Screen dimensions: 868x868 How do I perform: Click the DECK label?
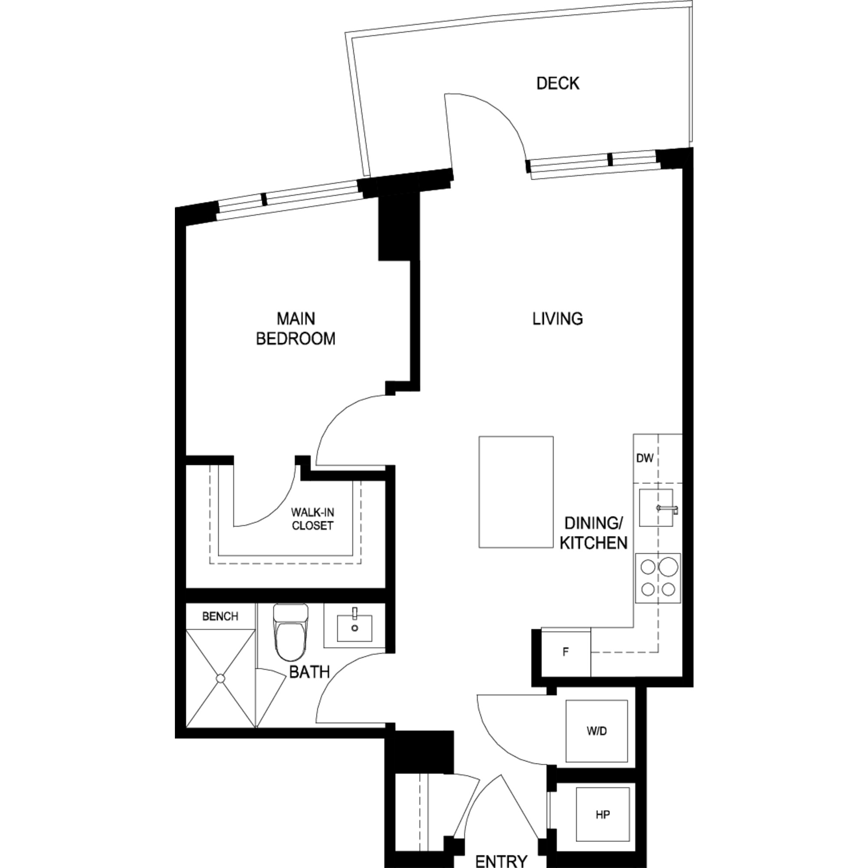coord(558,84)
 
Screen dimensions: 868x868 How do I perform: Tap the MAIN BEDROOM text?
coord(296,329)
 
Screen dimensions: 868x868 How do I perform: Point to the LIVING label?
coord(558,319)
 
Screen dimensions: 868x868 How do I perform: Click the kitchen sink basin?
coord(656,508)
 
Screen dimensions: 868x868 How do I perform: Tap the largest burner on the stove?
coord(668,566)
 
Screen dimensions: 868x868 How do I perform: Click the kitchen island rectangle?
coord(516,492)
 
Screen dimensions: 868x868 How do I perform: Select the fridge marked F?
coord(566,652)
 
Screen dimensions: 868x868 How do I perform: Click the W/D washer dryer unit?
coord(597,731)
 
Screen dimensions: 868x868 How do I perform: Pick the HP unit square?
coord(602,815)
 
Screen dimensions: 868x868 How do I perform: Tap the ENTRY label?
coord(501,861)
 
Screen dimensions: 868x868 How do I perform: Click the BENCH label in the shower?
coord(220,616)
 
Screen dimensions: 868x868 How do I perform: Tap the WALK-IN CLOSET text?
coord(312,519)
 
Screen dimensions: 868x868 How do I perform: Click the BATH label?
coord(309,673)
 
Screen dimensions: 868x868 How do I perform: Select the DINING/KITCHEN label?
coord(593,533)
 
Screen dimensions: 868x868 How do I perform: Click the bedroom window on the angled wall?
coord(290,200)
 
